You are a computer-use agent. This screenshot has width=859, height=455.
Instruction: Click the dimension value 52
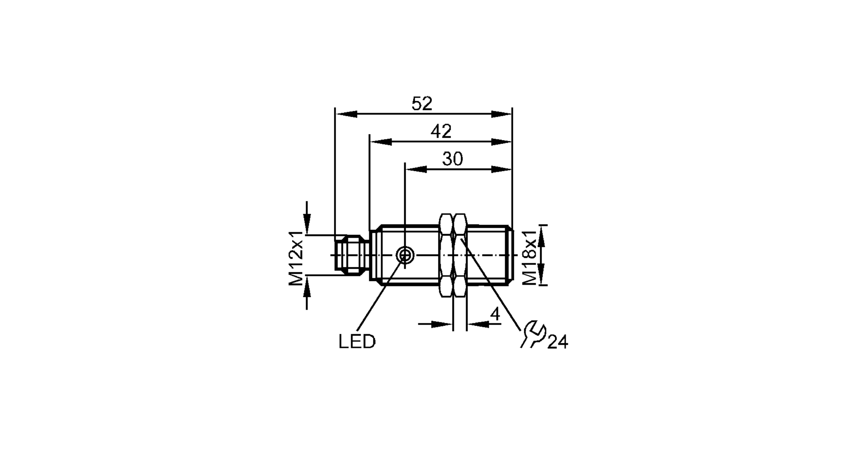(422, 104)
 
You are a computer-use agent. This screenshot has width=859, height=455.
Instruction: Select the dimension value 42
(441, 132)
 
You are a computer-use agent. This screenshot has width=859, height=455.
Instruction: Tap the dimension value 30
(453, 159)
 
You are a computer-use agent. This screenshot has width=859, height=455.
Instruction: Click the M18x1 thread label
(530, 256)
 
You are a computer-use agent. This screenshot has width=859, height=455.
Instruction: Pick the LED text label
(357, 342)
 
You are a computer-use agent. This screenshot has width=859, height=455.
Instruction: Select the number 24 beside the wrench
(557, 342)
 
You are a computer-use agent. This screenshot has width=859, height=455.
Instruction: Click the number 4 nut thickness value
(495, 314)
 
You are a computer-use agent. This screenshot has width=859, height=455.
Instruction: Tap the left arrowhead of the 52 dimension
(346, 114)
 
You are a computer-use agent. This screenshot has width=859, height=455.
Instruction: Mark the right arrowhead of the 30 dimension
(501, 169)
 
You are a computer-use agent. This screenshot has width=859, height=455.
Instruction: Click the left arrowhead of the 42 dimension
(381, 141)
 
